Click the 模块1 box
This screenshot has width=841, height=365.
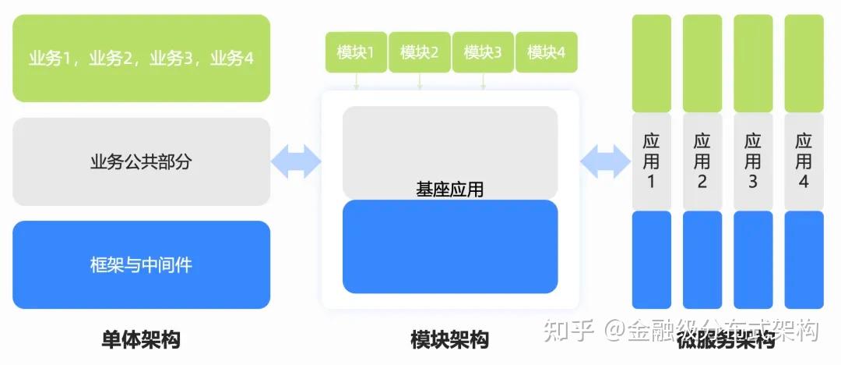pyautogui.click(x=356, y=52)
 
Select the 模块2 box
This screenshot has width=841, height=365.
pyautogui.click(x=420, y=52)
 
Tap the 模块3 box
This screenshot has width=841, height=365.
pyautogui.click(x=483, y=52)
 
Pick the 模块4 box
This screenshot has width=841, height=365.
pyautogui.click(x=547, y=52)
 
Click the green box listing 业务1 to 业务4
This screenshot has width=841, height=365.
pyautogui.click(x=142, y=58)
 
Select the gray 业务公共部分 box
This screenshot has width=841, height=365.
pyautogui.click(x=142, y=162)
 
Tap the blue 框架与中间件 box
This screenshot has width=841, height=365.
pyautogui.click(x=142, y=265)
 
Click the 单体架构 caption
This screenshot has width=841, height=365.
pyautogui.click(x=141, y=340)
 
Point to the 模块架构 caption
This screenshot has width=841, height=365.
pyautogui.click(x=449, y=340)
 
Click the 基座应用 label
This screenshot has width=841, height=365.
pyautogui.click(x=449, y=189)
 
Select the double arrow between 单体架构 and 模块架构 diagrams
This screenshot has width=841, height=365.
pyautogui.click(x=296, y=161)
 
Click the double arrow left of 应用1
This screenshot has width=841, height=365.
pyautogui.click(x=605, y=161)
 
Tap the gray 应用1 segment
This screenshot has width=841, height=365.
pyautogui.click(x=652, y=161)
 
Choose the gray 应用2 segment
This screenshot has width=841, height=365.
pyautogui.click(x=702, y=161)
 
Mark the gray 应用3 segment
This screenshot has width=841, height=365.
pyautogui.click(x=753, y=161)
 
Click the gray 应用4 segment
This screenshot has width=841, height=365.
pyautogui.click(x=804, y=161)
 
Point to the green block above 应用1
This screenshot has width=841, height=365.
pyautogui.click(x=652, y=63)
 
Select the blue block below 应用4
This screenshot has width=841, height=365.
pyautogui.click(x=804, y=259)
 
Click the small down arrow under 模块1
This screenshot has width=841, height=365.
pyautogui.click(x=356, y=81)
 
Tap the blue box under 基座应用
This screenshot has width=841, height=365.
pyautogui.click(x=450, y=248)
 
